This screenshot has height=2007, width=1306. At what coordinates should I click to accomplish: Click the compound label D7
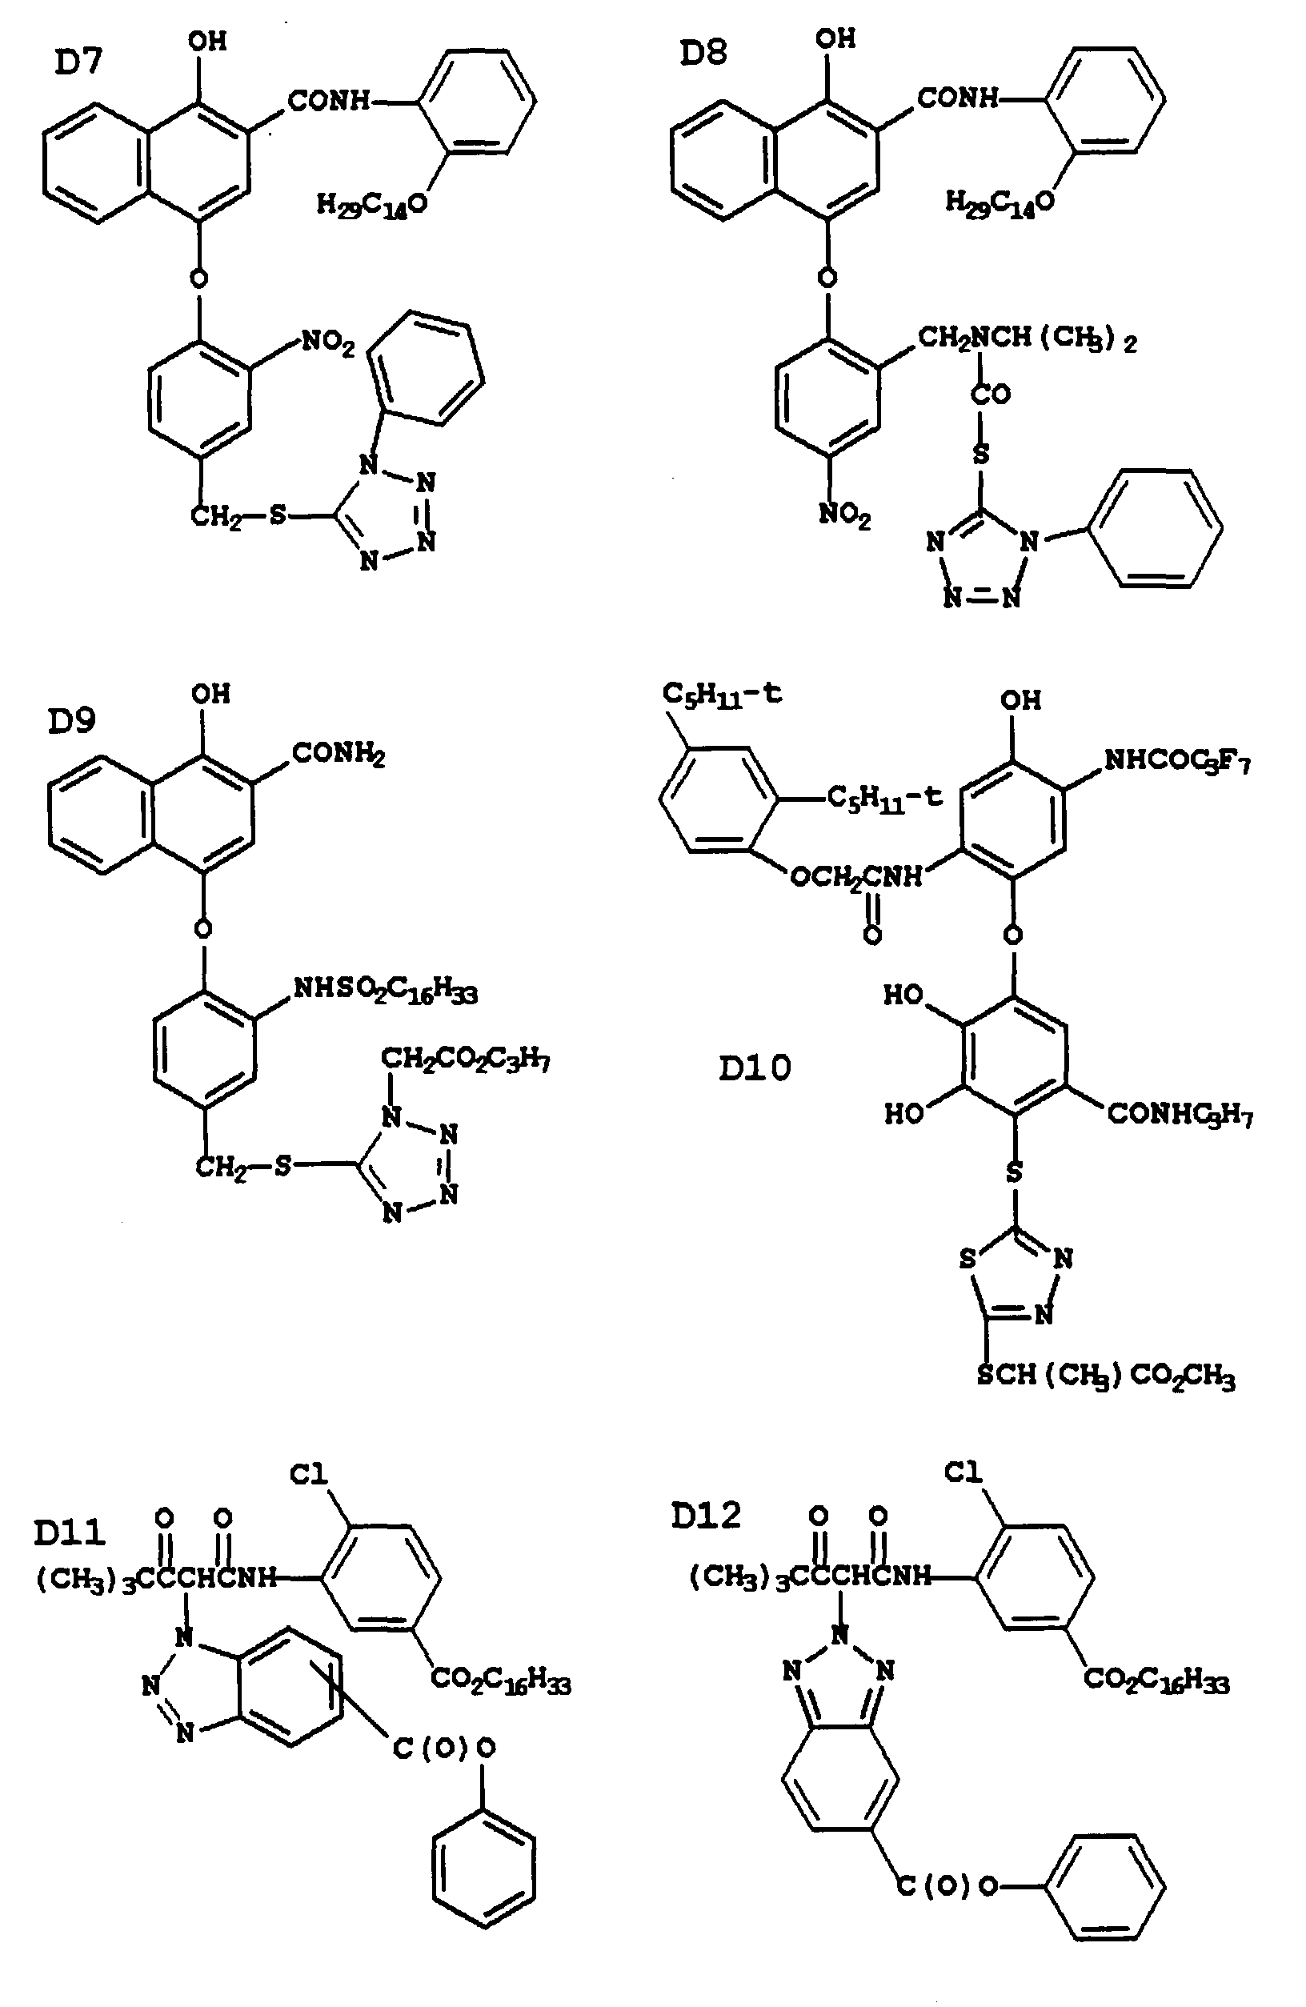tap(78, 63)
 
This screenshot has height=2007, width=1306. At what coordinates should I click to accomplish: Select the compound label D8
tap(703, 54)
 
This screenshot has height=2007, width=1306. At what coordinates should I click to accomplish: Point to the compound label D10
tap(755, 1068)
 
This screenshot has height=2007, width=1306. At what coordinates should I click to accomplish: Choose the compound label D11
tap(70, 1532)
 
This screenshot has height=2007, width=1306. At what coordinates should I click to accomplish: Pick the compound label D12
tap(706, 1516)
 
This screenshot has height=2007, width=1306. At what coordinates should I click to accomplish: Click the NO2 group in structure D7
tap(329, 344)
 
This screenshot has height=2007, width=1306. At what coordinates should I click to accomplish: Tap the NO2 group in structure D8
tap(845, 515)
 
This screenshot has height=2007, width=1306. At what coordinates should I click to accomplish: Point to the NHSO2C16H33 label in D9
tap(384, 990)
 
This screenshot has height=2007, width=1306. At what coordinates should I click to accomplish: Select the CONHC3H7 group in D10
tap(1180, 1115)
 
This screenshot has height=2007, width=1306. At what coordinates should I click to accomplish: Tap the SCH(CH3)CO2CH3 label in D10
tap(1105, 1376)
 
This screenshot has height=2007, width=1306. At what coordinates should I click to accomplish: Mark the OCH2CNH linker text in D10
tap(855, 878)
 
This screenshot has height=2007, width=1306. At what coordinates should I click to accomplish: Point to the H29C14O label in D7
tap(371, 204)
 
